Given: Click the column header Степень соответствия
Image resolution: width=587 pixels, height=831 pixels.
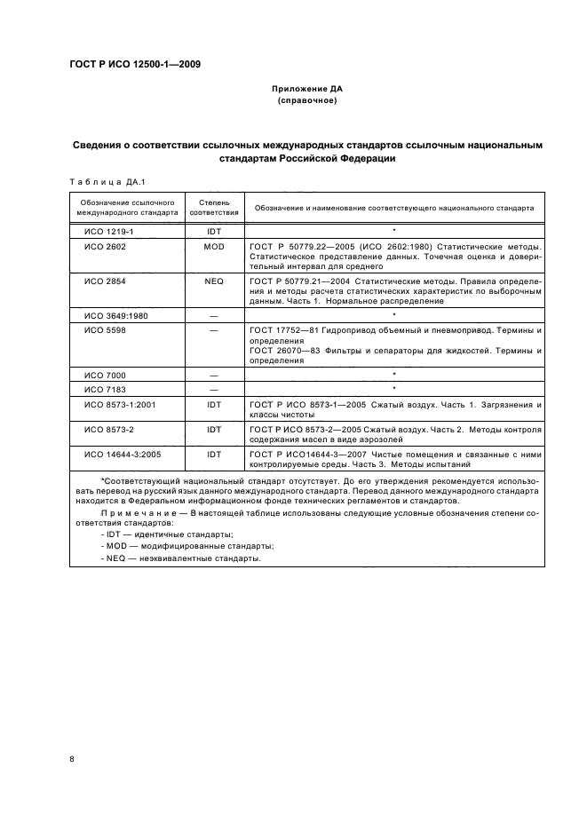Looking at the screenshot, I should pyautogui.click(x=213, y=208).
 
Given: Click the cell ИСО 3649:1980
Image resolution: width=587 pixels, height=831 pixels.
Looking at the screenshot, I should pyautogui.click(x=115, y=314).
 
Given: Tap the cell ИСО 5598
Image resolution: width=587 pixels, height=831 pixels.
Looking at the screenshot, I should pyautogui.click(x=105, y=330).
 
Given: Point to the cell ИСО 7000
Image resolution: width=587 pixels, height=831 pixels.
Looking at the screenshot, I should pyautogui.click(x=105, y=375).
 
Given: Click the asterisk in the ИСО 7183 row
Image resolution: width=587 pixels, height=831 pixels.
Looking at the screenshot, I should pyautogui.click(x=393, y=389).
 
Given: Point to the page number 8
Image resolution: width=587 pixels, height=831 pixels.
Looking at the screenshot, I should pyautogui.click(x=72, y=759).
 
